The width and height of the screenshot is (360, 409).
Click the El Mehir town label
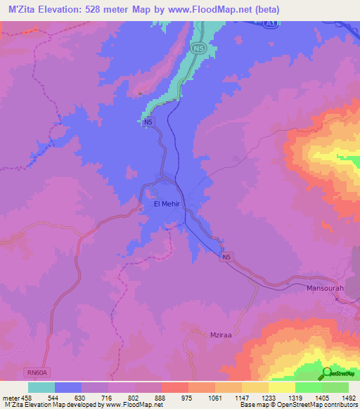tap(167, 204)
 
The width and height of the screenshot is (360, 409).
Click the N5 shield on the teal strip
tap(198, 48)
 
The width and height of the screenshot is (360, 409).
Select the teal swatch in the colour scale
tap(41, 387)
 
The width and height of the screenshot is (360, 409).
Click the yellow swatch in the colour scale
tap(281, 387)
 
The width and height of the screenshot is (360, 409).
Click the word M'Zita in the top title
tap(20, 10)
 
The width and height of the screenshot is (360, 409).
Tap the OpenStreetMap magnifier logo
tap(327, 372)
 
